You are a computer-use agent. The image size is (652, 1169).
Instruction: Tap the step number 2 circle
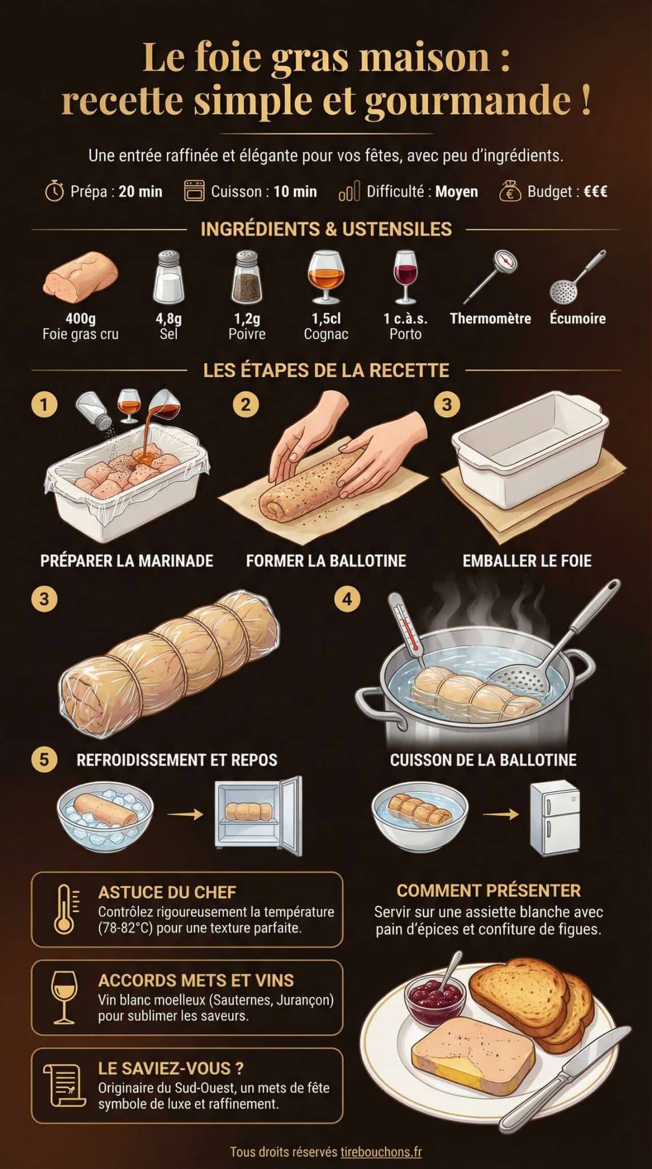pyautogui.click(x=245, y=405)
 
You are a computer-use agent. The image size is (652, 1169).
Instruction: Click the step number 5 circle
pyautogui.click(x=44, y=760)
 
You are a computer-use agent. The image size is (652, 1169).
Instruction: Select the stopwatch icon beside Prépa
pyautogui.click(x=54, y=191)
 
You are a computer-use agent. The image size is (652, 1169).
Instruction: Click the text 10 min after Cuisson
pyautogui.click(x=295, y=192)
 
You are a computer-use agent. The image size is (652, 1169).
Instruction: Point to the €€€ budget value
pyautogui.click(x=595, y=192)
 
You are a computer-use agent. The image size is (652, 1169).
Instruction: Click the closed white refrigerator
pyautogui.click(x=554, y=817)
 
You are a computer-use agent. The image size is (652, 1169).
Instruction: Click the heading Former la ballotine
pyautogui.click(x=326, y=561)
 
